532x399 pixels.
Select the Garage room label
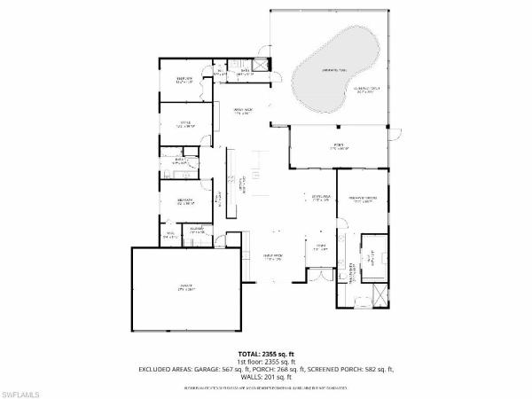click(x=185, y=287)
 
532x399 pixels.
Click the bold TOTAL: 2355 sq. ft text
click(x=265, y=353)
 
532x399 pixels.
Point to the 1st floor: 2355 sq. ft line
click(x=265, y=361)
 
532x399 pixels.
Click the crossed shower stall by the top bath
click(x=261, y=64)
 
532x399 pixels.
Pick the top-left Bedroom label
click(x=185, y=80)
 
